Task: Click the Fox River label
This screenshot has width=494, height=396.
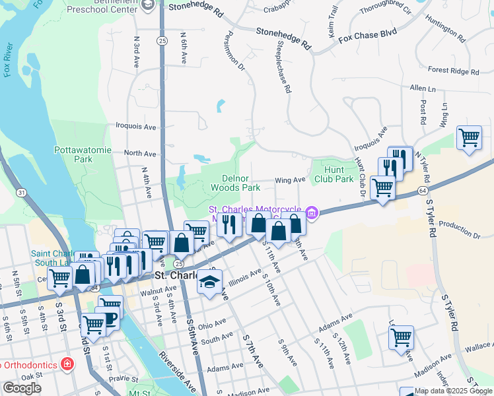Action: click(8, 61)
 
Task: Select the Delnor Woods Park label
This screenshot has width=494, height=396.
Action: click(230, 183)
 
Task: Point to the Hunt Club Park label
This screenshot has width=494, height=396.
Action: click(334, 174)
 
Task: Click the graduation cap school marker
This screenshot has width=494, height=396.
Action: click(209, 282)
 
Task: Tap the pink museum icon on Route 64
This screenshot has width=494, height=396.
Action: click(312, 213)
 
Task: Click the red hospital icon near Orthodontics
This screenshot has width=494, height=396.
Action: click(66, 364)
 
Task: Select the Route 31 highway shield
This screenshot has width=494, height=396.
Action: click(22, 192)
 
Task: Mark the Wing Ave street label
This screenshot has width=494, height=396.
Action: click(290, 180)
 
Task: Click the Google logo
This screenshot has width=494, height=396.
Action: click(22, 388)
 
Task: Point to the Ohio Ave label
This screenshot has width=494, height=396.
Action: click(212, 325)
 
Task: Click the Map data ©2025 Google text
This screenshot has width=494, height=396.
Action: click(453, 391)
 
